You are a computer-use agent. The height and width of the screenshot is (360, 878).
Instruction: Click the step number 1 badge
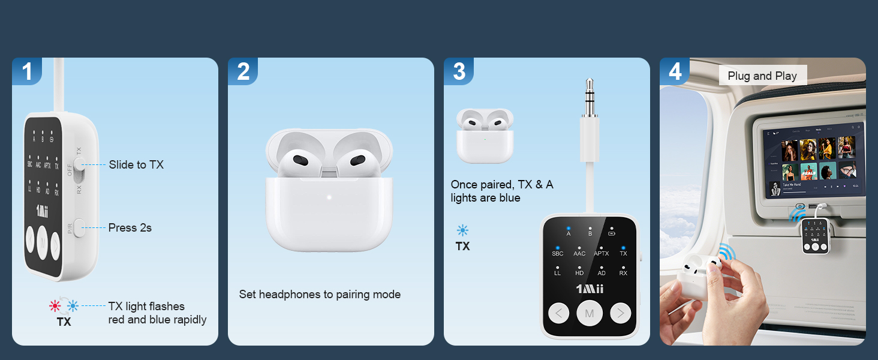click(27, 71)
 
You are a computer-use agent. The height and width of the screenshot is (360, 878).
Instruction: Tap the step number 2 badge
click(243, 71)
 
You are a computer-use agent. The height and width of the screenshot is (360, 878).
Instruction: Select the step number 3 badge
click(459, 71)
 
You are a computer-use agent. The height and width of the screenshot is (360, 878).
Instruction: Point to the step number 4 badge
click(675, 71)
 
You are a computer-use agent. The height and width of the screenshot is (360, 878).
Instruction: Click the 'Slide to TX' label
click(136, 164)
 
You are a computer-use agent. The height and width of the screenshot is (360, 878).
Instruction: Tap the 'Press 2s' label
click(130, 227)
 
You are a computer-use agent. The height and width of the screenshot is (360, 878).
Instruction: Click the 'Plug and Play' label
click(762, 76)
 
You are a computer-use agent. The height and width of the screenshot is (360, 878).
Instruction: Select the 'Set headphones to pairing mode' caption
click(320, 294)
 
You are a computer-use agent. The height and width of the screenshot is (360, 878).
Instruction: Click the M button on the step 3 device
click(589, 313)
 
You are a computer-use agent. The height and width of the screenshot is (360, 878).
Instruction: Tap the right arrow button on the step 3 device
click(620, 313)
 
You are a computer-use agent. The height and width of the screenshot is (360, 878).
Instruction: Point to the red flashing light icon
click(55, 306)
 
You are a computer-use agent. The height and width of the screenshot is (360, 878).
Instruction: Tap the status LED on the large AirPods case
click(329, 197)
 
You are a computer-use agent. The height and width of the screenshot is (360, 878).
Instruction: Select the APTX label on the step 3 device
click(601, 253)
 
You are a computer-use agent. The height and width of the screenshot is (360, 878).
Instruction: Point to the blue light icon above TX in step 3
click(462, 230)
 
